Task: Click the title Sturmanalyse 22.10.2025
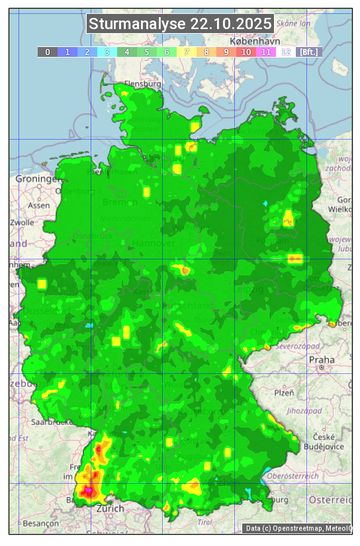(x=180, y=24)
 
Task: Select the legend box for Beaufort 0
(x=48, y=52)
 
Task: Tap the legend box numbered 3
(x=107, y=52)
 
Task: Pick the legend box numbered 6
(x=167, y=52)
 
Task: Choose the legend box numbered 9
(x=226, y=52)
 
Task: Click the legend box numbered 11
(x=265, y=52)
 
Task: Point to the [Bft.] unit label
(x=308, y=52)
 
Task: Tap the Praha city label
(x=322, y=359)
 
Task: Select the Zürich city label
(x=110, y=508)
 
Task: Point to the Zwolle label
(x=22, y=222)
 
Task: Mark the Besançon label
(x=40, y=523)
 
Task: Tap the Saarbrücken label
(x=52, y=422)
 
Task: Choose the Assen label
(x=39, y=205)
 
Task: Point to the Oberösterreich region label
(x=293, y=475)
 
